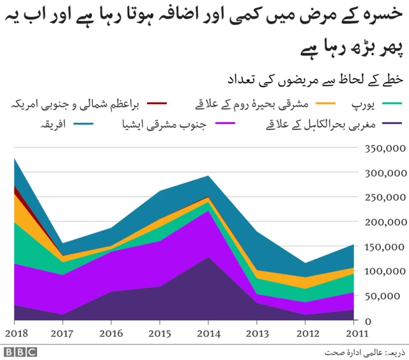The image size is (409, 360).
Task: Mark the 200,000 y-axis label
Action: [x=383, y=222]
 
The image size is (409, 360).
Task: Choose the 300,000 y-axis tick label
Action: [x=383, y=173]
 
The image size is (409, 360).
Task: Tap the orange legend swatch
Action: [x=328, y=102]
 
